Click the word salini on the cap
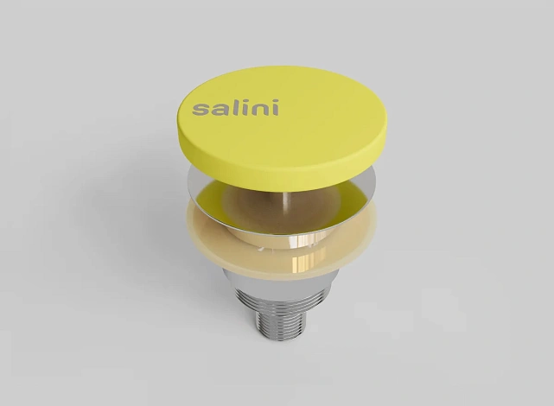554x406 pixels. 235,108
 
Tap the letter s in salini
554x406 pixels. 200,110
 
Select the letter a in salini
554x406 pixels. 216,110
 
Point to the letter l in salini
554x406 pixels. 229,108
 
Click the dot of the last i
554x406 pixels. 275,101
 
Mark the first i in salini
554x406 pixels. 239,108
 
